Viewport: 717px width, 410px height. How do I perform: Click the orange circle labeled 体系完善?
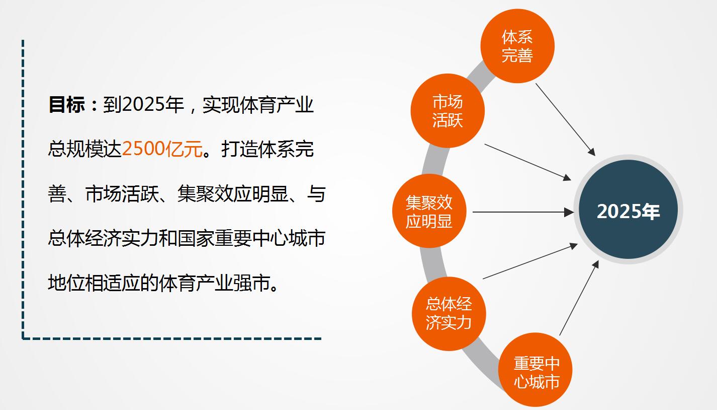click(517, 46)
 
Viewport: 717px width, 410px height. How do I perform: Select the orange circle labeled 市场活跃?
click(447, 111)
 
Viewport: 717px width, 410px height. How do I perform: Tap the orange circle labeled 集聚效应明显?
click(429, 211)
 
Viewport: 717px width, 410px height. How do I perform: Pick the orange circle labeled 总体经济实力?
click(449, 313)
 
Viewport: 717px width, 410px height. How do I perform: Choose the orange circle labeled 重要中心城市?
click(535, 370)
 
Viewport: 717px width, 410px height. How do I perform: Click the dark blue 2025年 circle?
click(629, 210)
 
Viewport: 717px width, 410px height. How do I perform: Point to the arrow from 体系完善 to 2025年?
click(565, 120)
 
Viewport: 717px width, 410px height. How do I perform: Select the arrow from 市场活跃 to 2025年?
click(527, 162)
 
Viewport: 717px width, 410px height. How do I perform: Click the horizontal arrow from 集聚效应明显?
click(523, 212)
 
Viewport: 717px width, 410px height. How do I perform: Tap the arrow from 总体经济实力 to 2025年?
click(530, 261)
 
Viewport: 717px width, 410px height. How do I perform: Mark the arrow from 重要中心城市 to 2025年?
click(579, 298)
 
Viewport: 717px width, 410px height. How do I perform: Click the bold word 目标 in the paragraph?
click(67, 104)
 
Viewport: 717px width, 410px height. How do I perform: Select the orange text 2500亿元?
click(162, 149)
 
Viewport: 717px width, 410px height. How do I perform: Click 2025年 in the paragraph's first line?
click(153, 104)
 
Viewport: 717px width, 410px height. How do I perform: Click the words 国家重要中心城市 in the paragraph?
click(251, 238)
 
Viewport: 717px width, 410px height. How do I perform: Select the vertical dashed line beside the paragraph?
click(23, 189)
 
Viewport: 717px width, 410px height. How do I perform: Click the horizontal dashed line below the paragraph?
click(171, 338)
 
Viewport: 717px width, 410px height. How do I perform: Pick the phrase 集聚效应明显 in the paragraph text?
click(233, 193)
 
